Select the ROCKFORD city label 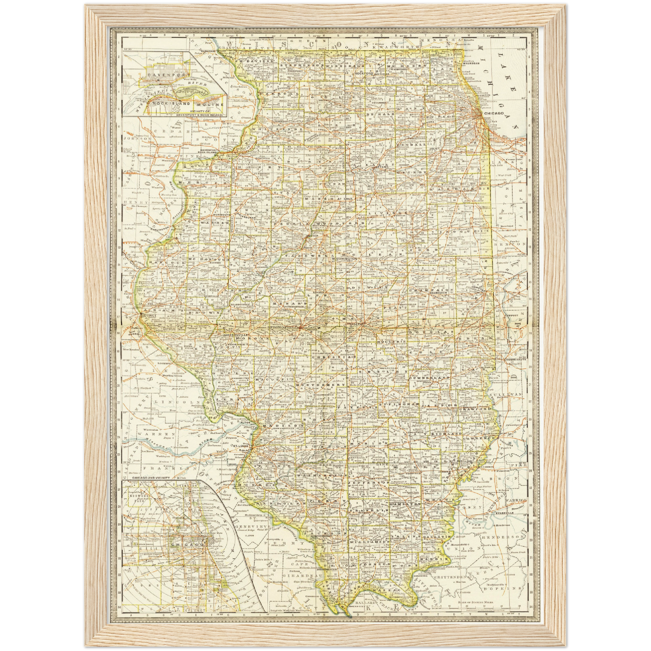(x=361, y=73)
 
